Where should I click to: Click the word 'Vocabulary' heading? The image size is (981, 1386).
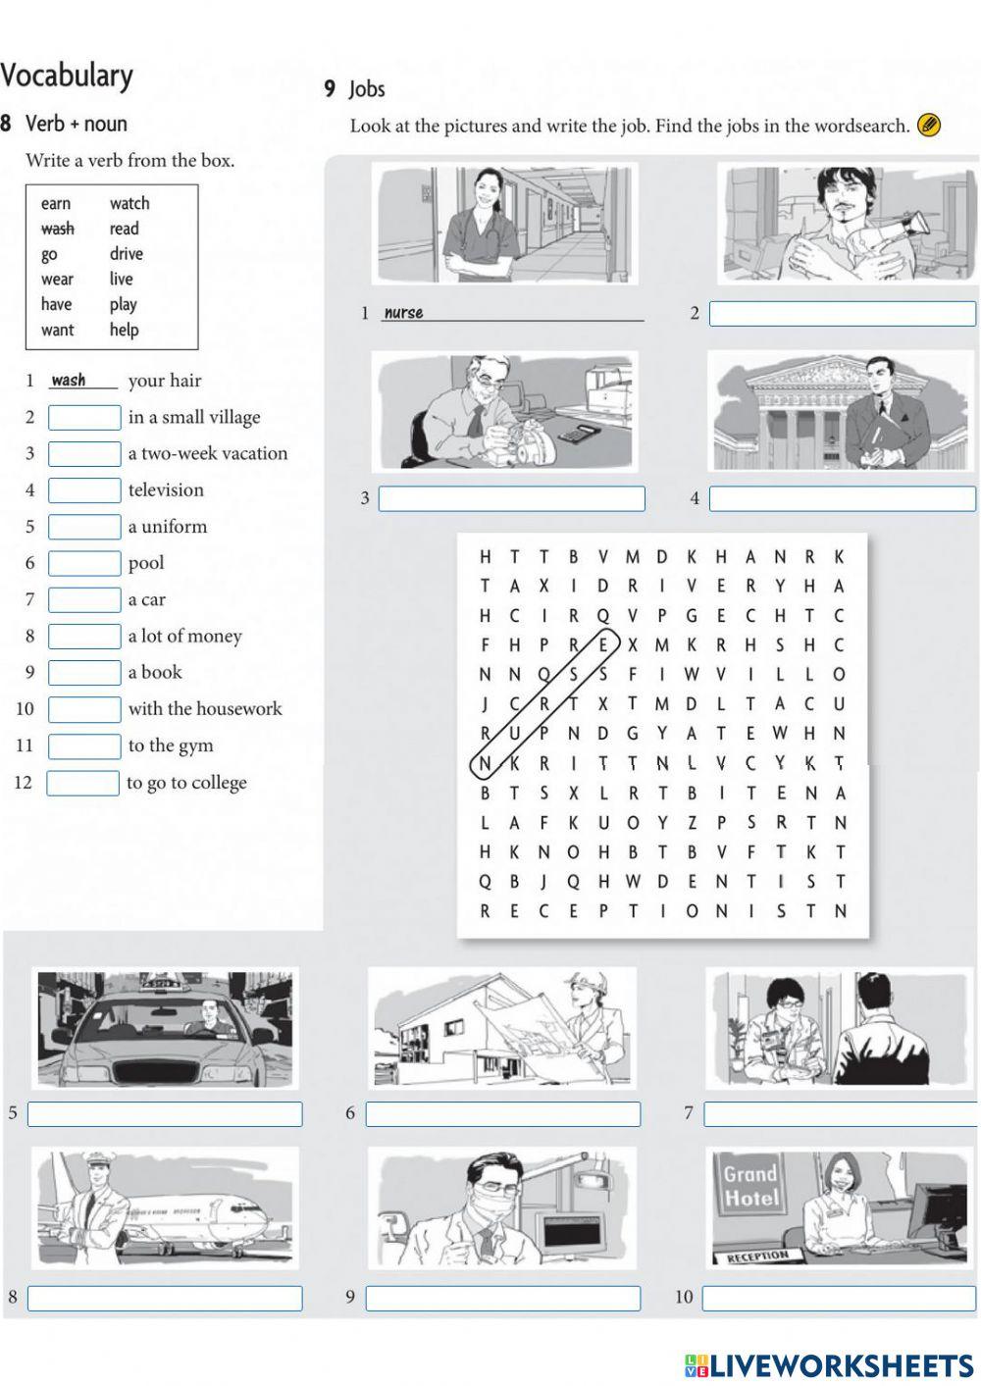pyautogui.click(x=67, y=76)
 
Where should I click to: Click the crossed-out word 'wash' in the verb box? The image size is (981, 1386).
pyautogui.click(x=57, y=229)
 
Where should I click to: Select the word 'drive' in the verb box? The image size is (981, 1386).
pyautogui.click(x=127, y=254)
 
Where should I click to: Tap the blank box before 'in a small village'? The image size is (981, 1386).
pyautogui.click(x=84, y=418)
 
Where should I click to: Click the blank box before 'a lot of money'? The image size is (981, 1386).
pyautogui.click(x=84, y=637)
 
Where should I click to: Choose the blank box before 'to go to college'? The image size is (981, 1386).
pyautogui.click(x=82, y=783)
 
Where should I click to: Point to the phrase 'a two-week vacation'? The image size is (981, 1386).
pyautogui.click(x=208, y=453)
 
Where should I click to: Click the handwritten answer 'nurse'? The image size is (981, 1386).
pyautogui.click(x=403, y=313)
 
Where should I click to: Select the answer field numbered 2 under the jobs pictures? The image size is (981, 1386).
pyautogui.click(x=842, y=314)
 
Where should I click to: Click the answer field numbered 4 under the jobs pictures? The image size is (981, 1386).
pyautogui.click(x=842, y=499)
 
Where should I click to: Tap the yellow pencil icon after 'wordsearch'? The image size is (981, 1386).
pyautogui.click(x=928, y=126)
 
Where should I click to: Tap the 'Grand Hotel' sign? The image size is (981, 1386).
pyautogui.click(x=751, y=1185)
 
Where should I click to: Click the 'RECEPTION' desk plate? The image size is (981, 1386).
pyautogui.click(x=758, y=1257)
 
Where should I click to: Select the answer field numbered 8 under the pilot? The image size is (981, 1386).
pyautogui.click(x=165, y=1298)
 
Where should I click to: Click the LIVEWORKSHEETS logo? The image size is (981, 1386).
pyautogui.click(x=829, y=1365)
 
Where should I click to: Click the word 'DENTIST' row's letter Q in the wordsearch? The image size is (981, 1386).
pyautogui.click(x=485, y=881)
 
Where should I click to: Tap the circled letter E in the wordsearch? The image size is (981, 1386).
pyautogui.click(x=603, y=645)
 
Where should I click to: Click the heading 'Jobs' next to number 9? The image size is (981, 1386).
pyautogui.click(x=367, y=89)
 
